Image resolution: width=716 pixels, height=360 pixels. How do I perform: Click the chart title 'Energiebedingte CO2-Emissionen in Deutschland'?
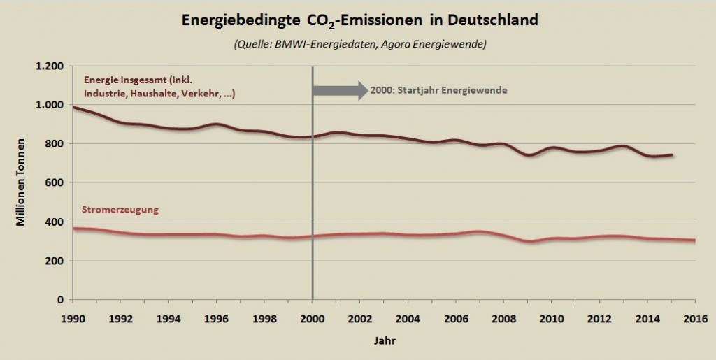(x=360, y=20)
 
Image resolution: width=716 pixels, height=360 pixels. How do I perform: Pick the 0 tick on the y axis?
(x=62, y=300)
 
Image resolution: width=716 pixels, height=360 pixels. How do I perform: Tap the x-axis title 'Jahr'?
(x=382, y=342)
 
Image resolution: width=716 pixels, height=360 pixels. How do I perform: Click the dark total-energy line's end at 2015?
(x=672, y=155)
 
